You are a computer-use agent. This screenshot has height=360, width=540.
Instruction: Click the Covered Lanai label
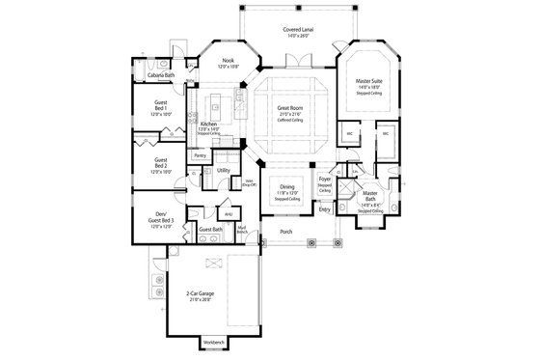pyautogui.click(x=283, y=32)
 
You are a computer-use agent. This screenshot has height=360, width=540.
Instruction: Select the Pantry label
pyautogui.click(x=200, y=154)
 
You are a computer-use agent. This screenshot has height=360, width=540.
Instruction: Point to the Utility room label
pyautogui.click(x=223, y=170)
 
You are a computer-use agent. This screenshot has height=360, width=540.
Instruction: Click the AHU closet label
pyautogui.click(x=229, y=214)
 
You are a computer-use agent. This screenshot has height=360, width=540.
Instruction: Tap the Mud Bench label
pyautogui.click(x=241, y=231)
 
